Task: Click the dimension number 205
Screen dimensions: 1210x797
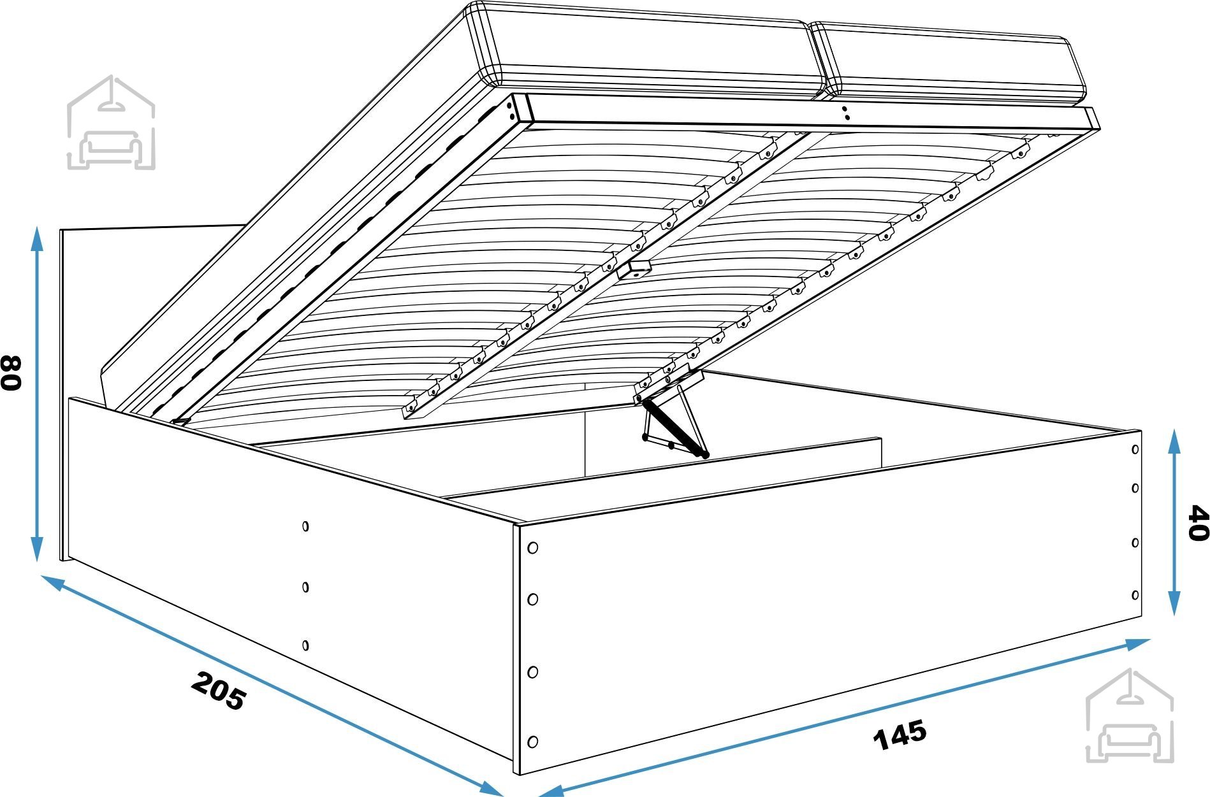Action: coord(217,691)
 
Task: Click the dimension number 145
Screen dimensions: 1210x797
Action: coord(900,735)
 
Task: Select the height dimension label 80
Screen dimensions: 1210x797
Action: coord(11,373)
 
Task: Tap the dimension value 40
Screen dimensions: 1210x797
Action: coord(1198,523)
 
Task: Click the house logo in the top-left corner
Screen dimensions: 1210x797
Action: coord(111,122)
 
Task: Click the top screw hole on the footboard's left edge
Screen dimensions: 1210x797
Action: coord(533,547)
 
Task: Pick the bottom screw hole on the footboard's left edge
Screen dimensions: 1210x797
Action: coord(533,742)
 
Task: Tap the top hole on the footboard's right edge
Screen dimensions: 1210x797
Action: coord(1135,449)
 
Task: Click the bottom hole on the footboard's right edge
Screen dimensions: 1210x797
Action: coord(1135,595)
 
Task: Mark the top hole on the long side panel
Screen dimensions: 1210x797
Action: coord(305,526)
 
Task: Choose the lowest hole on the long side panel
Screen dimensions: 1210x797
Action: coord(305,645)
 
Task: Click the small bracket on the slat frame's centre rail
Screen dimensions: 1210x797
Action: coord(633,269)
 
